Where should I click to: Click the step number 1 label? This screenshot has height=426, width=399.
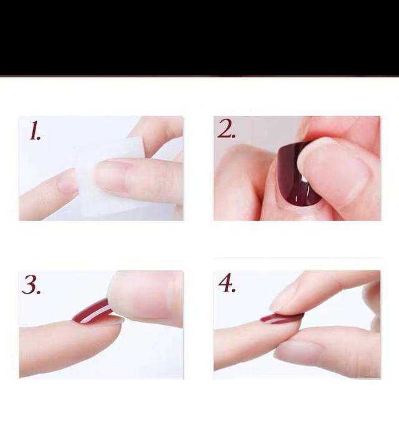coord(35,131)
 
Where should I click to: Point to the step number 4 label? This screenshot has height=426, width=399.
coord(227,283)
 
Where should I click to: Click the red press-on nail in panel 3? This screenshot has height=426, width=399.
coord(91,312)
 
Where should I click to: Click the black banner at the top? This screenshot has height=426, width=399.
coord(199,37)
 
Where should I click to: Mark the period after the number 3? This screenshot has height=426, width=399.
coord(39,292)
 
